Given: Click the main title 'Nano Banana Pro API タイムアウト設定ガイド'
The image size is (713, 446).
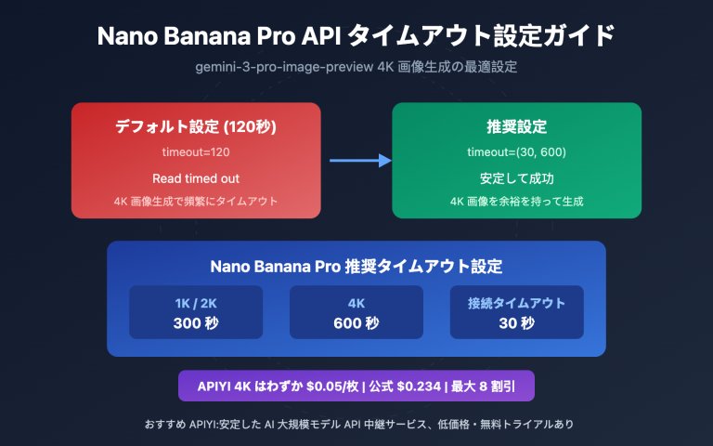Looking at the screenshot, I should point(356,36).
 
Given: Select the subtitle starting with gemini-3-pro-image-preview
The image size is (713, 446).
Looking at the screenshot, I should point(356,69).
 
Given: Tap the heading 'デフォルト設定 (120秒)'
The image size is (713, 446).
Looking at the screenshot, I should point(196,126).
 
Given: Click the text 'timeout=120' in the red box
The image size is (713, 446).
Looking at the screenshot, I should point(196,151).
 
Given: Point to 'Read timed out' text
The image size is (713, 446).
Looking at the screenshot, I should point(196,177).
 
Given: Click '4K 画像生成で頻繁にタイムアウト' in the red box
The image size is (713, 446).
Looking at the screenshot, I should point(196,201).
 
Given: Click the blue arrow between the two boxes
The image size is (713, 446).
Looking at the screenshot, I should point(360,161).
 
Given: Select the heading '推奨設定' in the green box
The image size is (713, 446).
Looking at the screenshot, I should point(515,126).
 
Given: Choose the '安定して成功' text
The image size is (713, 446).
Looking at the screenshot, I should point(515,177).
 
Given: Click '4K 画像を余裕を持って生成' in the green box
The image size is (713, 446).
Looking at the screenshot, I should point(515,201).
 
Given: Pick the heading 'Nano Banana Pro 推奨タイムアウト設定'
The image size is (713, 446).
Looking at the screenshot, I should point(356,266).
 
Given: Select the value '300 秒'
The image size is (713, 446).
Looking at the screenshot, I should point(196,323).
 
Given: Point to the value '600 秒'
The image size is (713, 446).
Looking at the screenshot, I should point(356,323).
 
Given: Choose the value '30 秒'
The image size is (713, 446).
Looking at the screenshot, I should point(516,323).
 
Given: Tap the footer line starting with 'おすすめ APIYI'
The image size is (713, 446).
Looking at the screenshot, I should point(356,424).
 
